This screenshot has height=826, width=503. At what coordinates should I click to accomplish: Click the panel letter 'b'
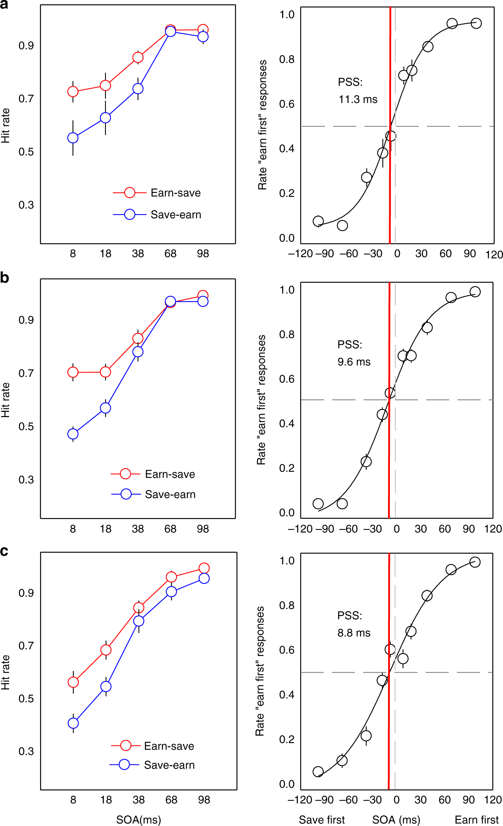coord(5,278)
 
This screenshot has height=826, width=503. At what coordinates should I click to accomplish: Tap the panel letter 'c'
coord(4,551)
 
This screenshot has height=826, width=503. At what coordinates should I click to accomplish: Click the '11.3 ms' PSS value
coord(358,99)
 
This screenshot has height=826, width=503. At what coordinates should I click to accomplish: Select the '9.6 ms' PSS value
coord(354,362)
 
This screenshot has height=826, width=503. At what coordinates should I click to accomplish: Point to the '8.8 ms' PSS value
coord(354,633)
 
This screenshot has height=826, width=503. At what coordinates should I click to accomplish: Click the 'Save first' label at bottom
coord(321,820)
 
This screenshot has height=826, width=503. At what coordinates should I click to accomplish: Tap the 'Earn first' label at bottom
coord(477,820)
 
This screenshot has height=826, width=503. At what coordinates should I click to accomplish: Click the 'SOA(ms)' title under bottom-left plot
coord(138,820)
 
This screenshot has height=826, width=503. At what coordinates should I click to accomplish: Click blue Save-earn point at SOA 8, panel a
coord(73,138)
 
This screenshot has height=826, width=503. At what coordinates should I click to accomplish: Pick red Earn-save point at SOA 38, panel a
coord(138,57)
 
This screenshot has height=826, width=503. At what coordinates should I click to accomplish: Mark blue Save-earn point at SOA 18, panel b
coord(106,408)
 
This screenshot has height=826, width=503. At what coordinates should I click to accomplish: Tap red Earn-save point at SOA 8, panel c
coord(73,682)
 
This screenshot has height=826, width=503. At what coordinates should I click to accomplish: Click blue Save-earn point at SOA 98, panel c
coord(204,579)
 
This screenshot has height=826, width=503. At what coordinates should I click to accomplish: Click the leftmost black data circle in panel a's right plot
coord(318,221)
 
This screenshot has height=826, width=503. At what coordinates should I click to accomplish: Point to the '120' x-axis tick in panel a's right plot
coord(494,255)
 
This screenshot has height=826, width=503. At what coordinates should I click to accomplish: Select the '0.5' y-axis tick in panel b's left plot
coord(26,427)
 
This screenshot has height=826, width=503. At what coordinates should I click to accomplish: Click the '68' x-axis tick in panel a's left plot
coord(171,254)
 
